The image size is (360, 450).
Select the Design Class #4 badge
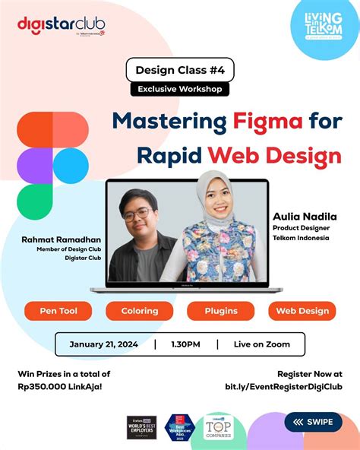pos(179,70)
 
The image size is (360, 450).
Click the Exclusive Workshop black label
pos(179,89)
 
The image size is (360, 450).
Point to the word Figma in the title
pos(256,122)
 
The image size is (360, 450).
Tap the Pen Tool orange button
pos(57,310)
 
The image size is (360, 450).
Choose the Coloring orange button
pos(140,310)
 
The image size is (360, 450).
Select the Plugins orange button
pos(220,310)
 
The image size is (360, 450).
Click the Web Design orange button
pos(302,310)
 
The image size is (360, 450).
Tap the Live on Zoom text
pos(262,344)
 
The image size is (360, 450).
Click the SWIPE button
pos(313,422)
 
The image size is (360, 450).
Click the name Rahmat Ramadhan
pos(60,240)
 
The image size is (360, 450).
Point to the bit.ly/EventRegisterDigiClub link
pos(283,387)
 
